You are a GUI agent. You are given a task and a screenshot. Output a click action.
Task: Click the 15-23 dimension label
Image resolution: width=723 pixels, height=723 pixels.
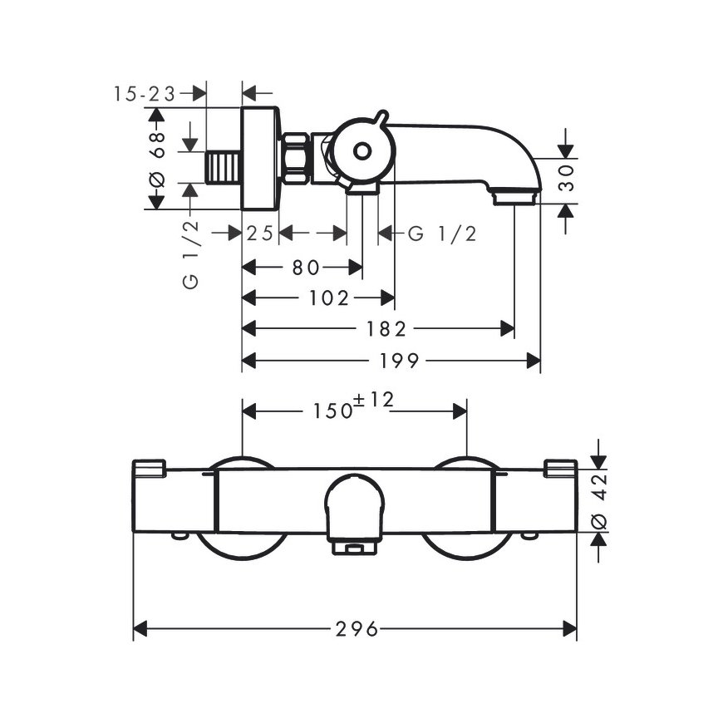[145, 94]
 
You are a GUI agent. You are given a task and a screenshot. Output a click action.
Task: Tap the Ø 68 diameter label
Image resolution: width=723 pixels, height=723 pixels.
[157, 160]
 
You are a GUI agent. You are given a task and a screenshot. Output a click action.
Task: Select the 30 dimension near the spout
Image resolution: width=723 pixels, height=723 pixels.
[566, 178]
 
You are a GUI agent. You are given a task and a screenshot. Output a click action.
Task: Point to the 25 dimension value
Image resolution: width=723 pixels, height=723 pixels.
[260, 234]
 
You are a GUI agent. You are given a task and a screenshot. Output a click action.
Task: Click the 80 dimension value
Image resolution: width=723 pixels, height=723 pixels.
[306, 268]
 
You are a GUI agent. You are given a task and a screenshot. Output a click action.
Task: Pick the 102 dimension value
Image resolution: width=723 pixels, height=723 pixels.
[329, 298]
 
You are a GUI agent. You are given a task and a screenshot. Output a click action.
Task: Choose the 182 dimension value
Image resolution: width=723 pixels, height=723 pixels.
[386, 329]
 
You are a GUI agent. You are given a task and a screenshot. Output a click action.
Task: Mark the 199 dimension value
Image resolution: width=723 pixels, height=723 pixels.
[399, 361]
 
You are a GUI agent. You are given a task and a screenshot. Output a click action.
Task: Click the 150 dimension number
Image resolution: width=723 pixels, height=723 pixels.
[333, 411]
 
